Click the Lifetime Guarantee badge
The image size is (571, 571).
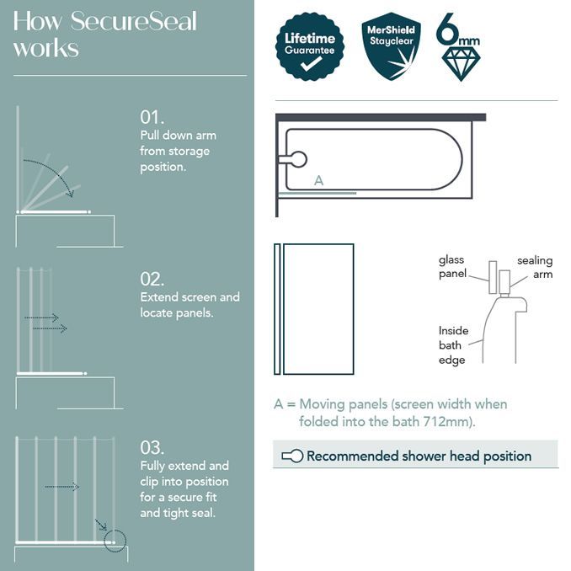(x=308, y=45)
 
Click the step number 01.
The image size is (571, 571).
(x=152, y=117)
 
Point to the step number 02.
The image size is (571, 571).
(x=152, y=279)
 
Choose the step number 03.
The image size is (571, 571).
(x=152, y=447)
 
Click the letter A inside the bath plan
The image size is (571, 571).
(x=318, y=180)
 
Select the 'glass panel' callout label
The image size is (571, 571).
(x=452, y=267)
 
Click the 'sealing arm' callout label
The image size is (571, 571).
(x=534, y=268)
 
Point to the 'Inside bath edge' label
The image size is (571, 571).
(x=453, y=345)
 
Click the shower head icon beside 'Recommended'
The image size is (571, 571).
(x=291, y=456)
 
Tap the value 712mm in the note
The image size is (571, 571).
(x=452, y=421)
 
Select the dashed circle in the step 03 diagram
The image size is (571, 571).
(x=114, y=540)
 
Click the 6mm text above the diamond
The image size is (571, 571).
(x=459, y=30)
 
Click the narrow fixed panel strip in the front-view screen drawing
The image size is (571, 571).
(x=277, y=309)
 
